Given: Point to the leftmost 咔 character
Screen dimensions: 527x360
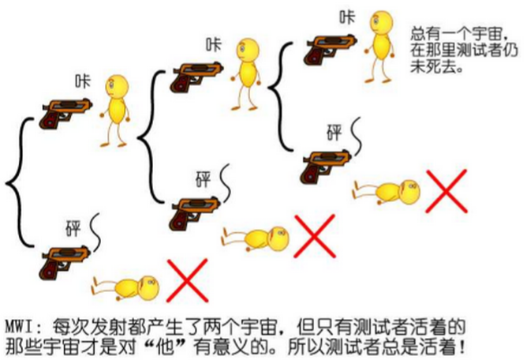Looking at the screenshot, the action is click(x=82, y=81).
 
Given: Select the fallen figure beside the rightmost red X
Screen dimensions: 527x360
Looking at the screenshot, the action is click(x=386, y=190).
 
